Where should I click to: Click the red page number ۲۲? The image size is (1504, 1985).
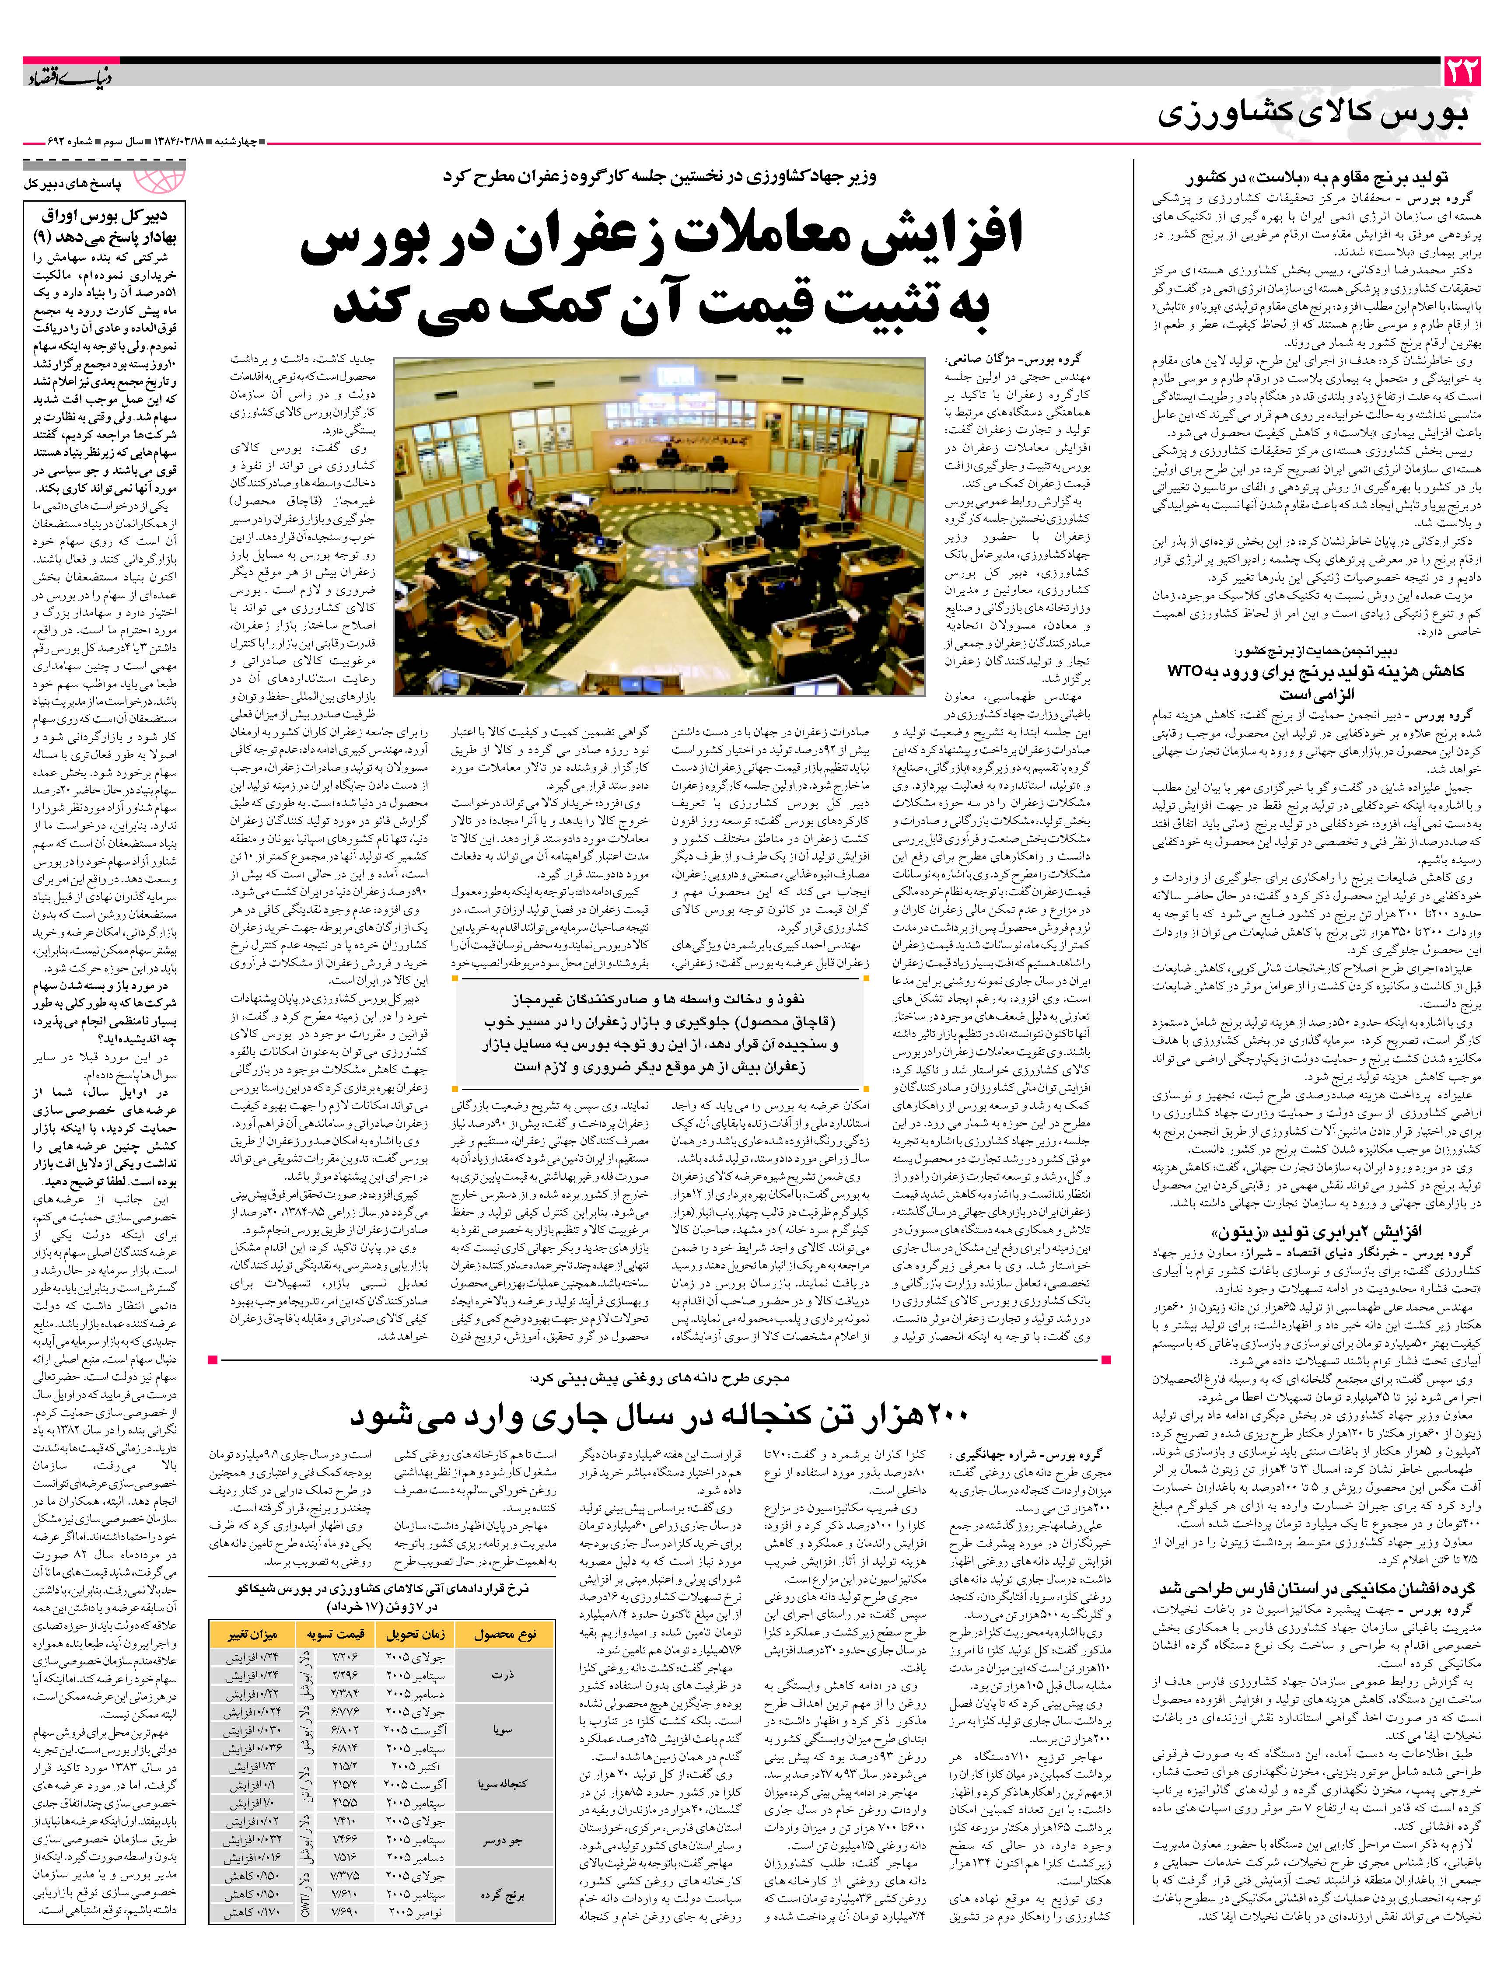point(1461,71)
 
